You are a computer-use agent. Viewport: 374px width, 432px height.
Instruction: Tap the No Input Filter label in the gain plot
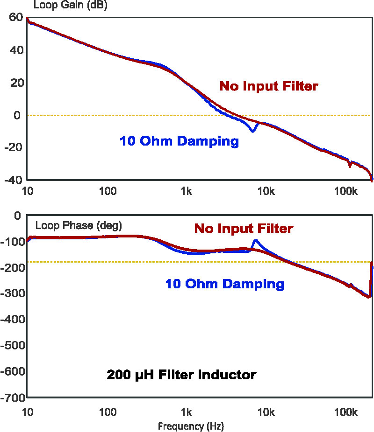click(269, 86)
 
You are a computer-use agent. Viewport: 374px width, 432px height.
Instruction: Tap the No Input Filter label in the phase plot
click(244, 229)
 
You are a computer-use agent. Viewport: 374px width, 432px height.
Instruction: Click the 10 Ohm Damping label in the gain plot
click(179, 141)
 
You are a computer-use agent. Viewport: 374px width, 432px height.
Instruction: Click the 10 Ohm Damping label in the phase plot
click(224, 284)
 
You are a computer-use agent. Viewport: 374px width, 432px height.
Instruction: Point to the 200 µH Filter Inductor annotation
click(181, 375)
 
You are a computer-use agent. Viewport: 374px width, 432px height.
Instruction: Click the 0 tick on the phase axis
click(18, 216)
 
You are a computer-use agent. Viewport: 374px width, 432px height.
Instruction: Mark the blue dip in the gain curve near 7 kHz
click(253, 131)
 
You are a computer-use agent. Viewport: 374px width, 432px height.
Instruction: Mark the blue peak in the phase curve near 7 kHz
click(256, 241)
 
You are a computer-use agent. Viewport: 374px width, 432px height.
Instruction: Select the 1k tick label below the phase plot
click(187, 412)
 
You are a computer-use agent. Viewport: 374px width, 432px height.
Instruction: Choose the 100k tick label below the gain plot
click(346, 191)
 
